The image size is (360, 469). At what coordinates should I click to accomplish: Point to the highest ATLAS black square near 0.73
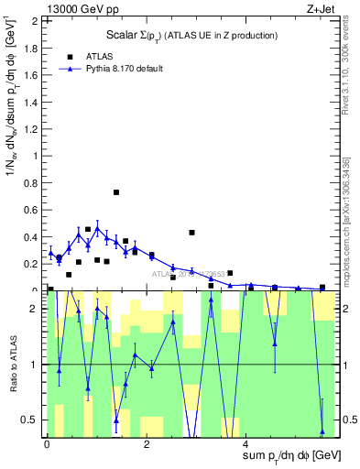tap(116, 192)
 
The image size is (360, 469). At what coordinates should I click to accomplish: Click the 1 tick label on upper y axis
tap(35, 156)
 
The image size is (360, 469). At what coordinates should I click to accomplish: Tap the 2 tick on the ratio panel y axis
tap(35, 309)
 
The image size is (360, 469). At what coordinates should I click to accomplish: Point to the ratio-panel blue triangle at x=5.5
tap(322, 431)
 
